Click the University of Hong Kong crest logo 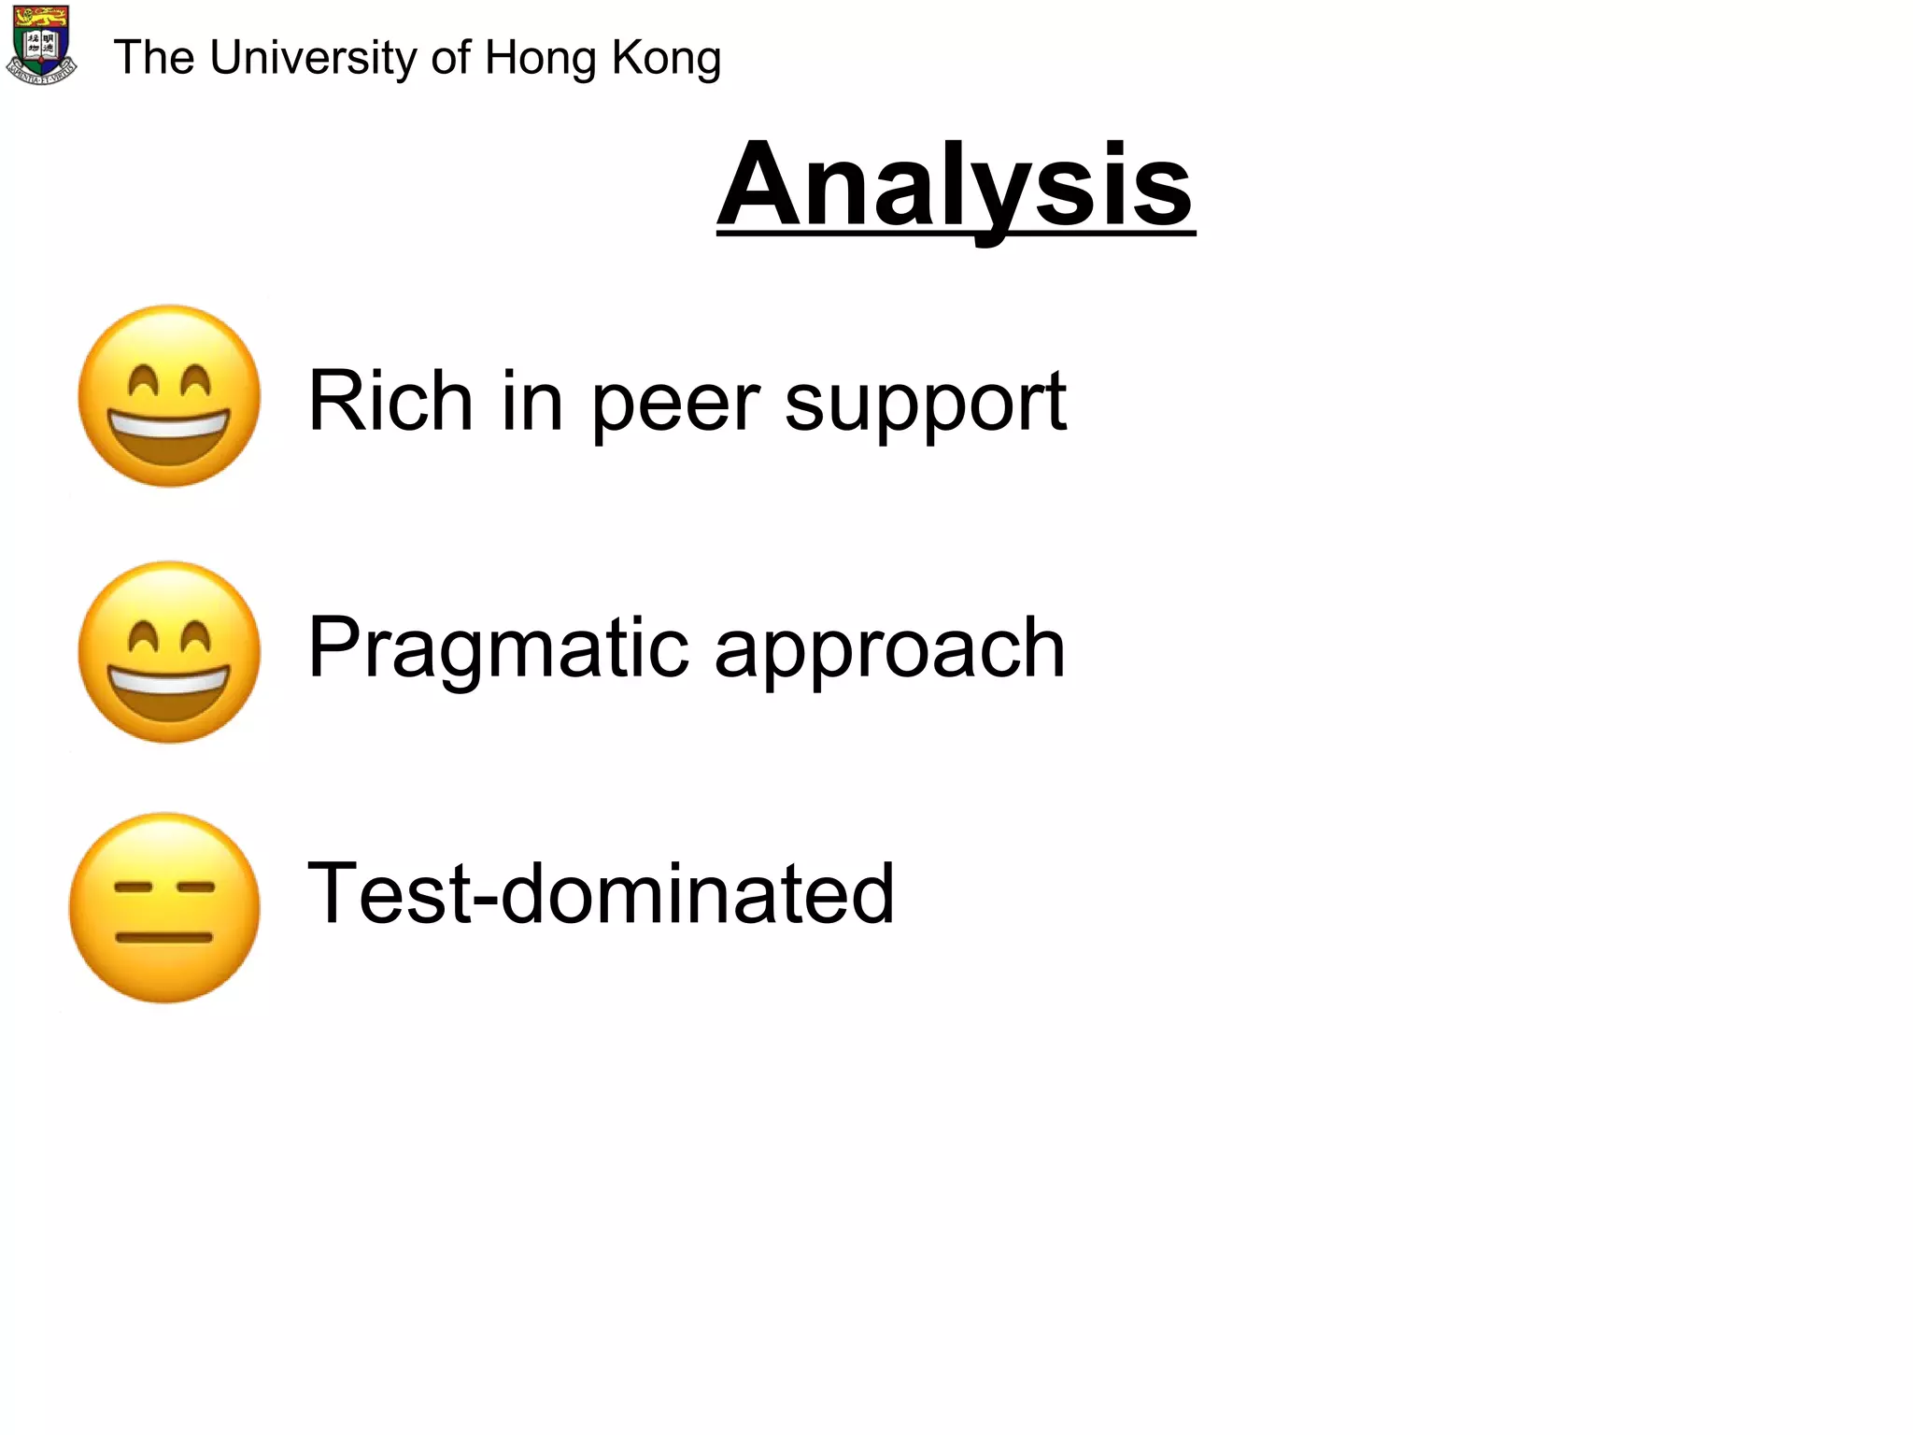pyautogui.click(x=41, y=45)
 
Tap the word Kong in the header pyautogui.click(x=666, y=58)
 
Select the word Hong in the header pyautogui.click(x=541, y=58)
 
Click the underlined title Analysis pyautogui.click(x=956, y=184)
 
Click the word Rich pyautogui.click(x=390, y=401)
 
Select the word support pyautogui.click(x=925, y=404)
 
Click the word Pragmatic pyautogui.click(x=498, y=648)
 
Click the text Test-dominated pyautogui.click(x=601, y=894)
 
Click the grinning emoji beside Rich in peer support pyautogui.click(x=169, y=396)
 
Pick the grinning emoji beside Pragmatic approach pyautogui.click(x=169, y=652)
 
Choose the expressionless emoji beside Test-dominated pyautogui.click(x=164, y=908)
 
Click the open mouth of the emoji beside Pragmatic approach pyautogui.click(x=169, y=695)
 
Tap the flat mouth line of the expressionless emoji pyautogui.click(x=164, y=937)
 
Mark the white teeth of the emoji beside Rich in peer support pyautogui.click(x=168, y=428)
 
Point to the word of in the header pyautogui.click(x=451, y=58)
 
